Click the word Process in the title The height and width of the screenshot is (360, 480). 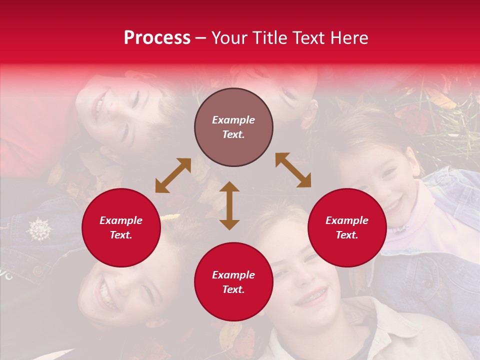pos(157,37)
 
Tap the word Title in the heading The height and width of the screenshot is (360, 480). pos(272,37)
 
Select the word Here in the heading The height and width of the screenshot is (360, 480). pos(349,37)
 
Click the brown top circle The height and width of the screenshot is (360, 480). pos(233,127)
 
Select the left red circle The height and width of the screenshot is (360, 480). pos(121,228)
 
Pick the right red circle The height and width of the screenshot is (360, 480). pos(347,228)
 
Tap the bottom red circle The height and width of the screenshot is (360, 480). pos(233,282)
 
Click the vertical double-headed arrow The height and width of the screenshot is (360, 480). pos(229,205)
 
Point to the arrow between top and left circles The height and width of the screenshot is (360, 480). pos(173,175)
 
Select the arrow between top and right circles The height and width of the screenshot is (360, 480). pos(293,170)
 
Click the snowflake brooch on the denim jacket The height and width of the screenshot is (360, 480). pos(39,229)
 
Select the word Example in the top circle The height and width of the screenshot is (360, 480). pos(233,120)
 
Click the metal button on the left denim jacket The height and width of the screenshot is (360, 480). pos(37,270)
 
